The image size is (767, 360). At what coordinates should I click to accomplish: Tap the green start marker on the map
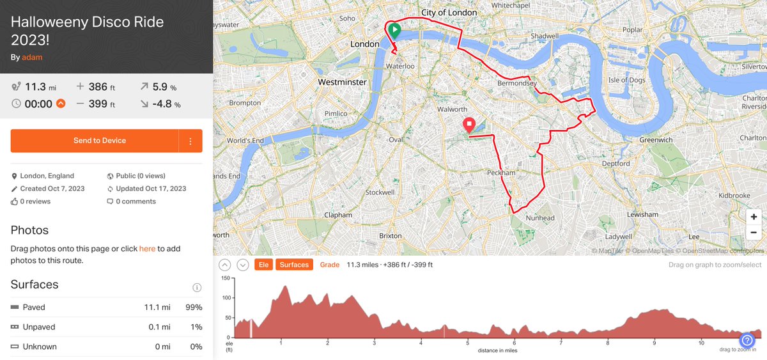click(394, 30)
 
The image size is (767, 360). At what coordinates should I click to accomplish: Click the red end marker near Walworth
click(469, 125)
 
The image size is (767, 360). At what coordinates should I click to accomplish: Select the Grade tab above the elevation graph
click(330, 265)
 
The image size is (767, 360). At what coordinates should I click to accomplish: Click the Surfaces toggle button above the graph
click(294, 265)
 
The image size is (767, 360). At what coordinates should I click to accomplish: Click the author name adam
click(32, 57)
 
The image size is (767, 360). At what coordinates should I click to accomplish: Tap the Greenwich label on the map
click(656, 139)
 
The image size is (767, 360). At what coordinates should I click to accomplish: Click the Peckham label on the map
click(501, 173)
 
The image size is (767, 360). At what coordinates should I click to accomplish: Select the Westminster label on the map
click(343, 82)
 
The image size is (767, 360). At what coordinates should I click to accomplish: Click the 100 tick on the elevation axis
click(226, 298)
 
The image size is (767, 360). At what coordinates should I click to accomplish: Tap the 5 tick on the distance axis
click(468, 343)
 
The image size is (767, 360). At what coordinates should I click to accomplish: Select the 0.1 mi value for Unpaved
click(157, 327)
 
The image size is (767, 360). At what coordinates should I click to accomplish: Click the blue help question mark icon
click(747, 340)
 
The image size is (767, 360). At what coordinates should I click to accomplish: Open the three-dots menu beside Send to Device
click(190, 141)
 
